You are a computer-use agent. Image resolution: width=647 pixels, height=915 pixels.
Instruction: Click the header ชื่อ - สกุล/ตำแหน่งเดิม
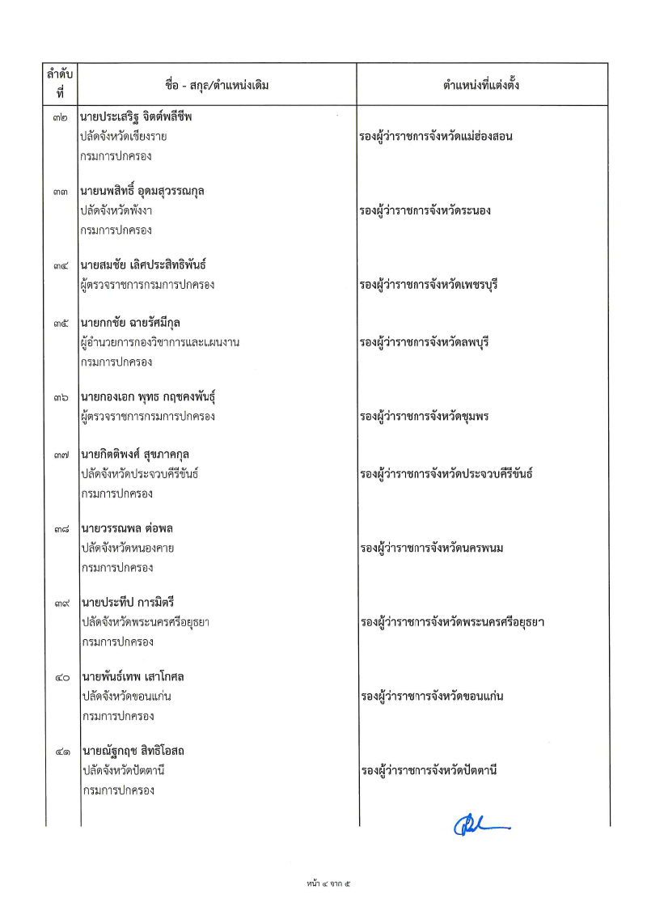(x=217, y=84)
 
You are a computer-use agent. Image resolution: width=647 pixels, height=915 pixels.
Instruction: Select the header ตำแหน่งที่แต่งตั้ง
(x=480, y=84)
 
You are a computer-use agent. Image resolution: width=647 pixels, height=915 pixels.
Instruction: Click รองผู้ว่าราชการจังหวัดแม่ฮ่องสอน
(x=437, y=137)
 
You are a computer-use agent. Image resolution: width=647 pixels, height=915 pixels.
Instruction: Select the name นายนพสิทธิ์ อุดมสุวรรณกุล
(x=142, y=192)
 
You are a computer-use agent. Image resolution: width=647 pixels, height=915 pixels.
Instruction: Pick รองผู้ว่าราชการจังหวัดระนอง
(x=426, y=211)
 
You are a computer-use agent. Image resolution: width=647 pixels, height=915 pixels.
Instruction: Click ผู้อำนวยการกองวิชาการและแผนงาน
(x=160, y=342)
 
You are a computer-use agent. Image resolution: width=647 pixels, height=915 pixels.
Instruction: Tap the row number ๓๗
(x=58, y=455)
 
